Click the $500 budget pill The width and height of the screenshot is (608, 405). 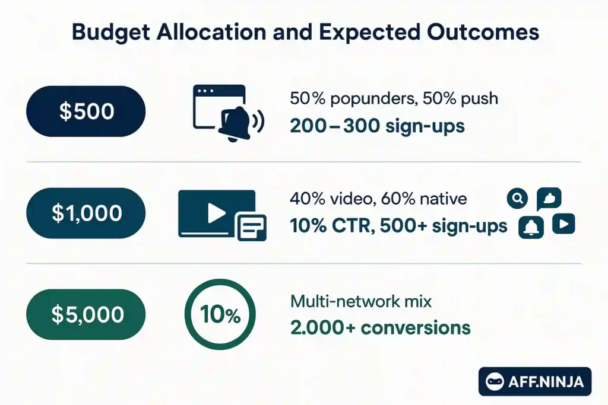pos(86,111)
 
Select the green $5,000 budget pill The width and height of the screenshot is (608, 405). pos(86,315)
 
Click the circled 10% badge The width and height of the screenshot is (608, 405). pos(220,315)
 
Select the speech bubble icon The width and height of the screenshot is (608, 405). pos(549,199)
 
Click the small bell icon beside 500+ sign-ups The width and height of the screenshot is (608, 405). pos(531,227)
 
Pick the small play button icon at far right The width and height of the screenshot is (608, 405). pos(563,224)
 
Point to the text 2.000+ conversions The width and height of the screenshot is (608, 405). pos(380,327)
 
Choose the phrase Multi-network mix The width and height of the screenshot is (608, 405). pos(360,301)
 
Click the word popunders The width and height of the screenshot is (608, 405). pos(362,98)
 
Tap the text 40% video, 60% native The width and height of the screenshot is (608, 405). pos(378,199)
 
